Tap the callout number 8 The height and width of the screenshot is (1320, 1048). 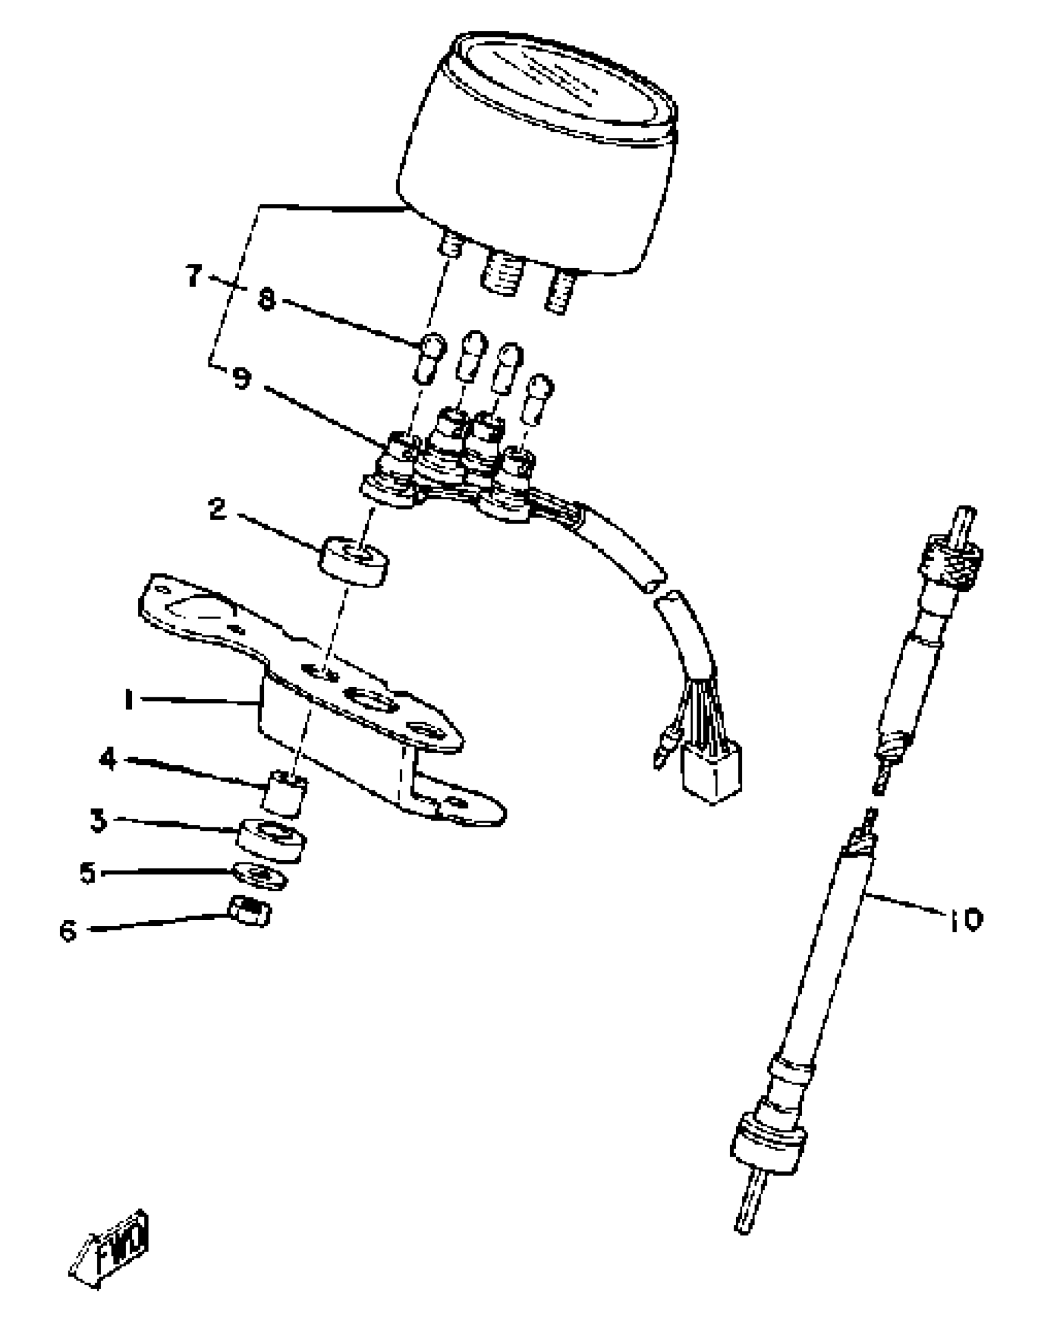pos(266,301)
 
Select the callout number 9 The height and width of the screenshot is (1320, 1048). pos(242,377)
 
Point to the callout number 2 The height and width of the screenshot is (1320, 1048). pos(217,509)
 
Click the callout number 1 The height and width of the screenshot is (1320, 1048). pos(128,700)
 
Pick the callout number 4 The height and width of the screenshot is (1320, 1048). pos(108,759)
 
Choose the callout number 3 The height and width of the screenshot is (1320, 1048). pos(97,821)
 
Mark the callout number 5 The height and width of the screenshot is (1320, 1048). pos(88,873)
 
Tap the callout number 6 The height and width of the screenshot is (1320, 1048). pos(68,930)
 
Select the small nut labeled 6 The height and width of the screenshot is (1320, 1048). pos(250,911)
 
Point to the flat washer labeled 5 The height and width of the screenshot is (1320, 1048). pos(260,875)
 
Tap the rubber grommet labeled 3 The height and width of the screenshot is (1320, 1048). pos(271,840)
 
